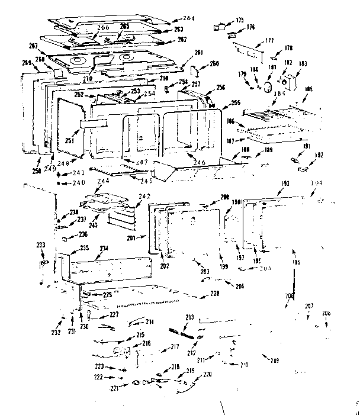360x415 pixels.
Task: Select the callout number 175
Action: (240, 21)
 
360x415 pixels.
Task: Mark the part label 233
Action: (40, 245)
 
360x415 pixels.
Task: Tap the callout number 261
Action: (198, 53)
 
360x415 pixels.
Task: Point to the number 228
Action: (214, 294)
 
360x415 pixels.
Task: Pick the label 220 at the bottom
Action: (207, 374)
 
